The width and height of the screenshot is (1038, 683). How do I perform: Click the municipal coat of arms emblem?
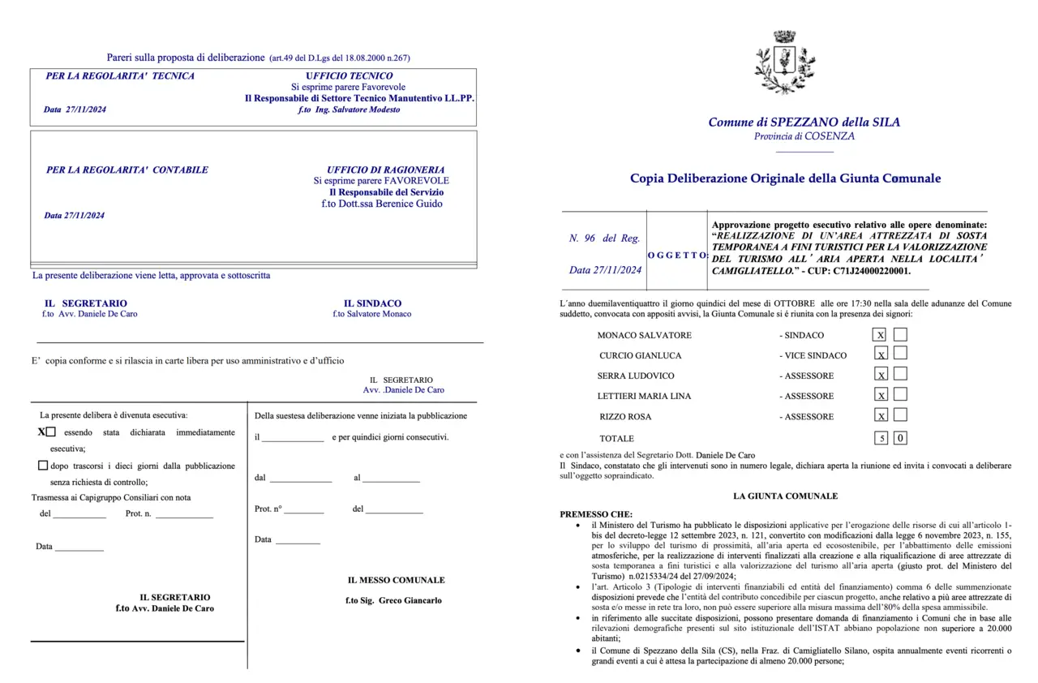[784, 62]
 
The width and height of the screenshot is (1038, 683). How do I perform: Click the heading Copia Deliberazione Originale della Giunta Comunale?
[785, 178]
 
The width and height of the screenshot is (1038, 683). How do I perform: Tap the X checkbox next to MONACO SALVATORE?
[880, 334]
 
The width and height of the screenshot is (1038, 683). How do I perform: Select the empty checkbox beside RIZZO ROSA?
[900, 415]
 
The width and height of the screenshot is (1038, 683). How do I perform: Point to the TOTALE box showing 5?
[880, 438]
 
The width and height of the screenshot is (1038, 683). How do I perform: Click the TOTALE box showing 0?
[900, 438]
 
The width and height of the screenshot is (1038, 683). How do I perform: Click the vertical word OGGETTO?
[678, 255]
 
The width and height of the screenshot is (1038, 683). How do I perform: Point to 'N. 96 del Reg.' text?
[604, 238]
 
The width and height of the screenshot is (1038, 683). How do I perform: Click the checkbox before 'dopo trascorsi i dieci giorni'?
[43, 466]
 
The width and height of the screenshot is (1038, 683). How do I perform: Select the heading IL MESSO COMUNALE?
[396, 580]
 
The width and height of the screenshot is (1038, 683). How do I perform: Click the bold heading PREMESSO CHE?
[596, 513]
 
